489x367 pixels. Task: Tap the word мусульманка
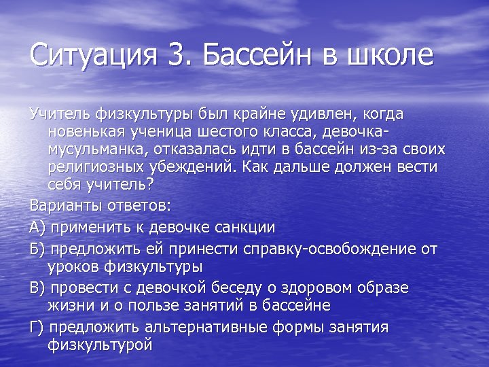pos(99,148)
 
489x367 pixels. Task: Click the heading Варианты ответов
pos(100,205)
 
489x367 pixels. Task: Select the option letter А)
pos(37,227)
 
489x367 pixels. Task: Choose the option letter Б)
pos(37,249)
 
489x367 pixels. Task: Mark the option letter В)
pos(37,288)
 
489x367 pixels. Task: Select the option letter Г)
pos(37,327)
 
